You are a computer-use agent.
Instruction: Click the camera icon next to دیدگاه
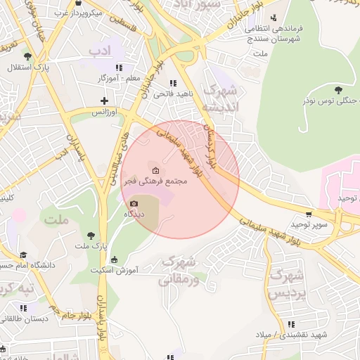point(134,203)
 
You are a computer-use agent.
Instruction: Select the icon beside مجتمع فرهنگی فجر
point(155,171)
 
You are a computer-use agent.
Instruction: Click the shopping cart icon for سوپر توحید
point(309,214)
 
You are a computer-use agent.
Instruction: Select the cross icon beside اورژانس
point(105,101)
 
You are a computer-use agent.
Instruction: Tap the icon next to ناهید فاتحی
point(173,83)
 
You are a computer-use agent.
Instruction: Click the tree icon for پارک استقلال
point(27,56)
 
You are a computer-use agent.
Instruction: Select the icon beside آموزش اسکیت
point(115,259)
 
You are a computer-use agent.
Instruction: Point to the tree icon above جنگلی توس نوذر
point(339,89)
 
